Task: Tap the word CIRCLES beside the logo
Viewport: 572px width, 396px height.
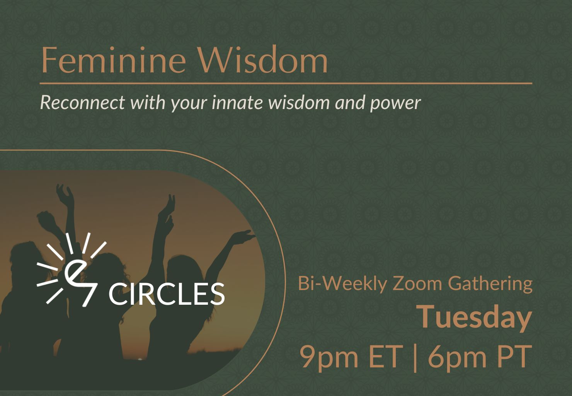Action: [x=166, y=294]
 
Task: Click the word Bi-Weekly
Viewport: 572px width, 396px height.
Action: [x=342, y=284]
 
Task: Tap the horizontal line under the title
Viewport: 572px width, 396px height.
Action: [x=286, y=83]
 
